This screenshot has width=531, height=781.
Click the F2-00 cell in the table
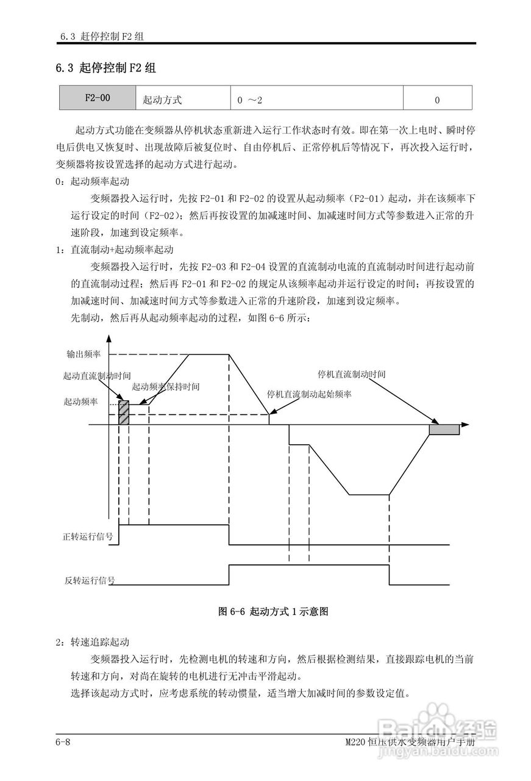[98, 98]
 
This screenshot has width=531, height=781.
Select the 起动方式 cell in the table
[162, 99]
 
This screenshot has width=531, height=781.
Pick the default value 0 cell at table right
[437, 99]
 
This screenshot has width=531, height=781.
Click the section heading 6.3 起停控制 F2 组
[106, 68]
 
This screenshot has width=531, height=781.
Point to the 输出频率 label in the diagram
[84, 354]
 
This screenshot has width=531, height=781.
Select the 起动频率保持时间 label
[166, 387]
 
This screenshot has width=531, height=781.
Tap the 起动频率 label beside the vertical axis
[80, 402]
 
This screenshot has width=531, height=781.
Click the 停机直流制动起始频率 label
[310, 394]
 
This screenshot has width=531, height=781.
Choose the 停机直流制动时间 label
[352, 373]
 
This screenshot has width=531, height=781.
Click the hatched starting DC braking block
[124, 412]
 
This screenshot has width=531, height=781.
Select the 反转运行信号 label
[90, 580]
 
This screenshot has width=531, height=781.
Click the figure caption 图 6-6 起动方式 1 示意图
[273, 611]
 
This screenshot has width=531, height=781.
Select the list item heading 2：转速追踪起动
[93, 642]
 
